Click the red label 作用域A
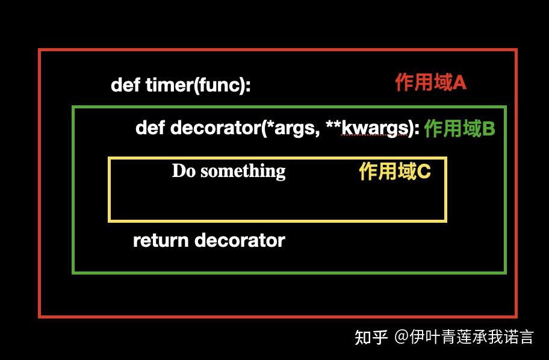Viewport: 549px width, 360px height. click(x=430, y=82)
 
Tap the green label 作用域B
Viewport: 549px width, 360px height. click(x=459, y=128)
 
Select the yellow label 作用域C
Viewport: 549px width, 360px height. click(x=395, y=172)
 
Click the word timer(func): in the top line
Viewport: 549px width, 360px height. click(x=198, y=85)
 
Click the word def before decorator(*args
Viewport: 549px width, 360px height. click(x=150, y=128)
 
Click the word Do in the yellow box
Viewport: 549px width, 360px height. click(x=184, y=171)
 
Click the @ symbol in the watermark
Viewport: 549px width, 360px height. click(x=402, y=337)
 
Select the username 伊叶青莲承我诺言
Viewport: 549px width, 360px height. click(x=471, y=337)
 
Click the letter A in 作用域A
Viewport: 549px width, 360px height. click(x=460, y=82)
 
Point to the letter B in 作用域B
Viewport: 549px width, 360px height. click(x=489, y=128)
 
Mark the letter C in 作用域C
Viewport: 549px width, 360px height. click(x=424, y=172)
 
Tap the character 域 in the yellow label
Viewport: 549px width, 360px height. click(x=408, y=172)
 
